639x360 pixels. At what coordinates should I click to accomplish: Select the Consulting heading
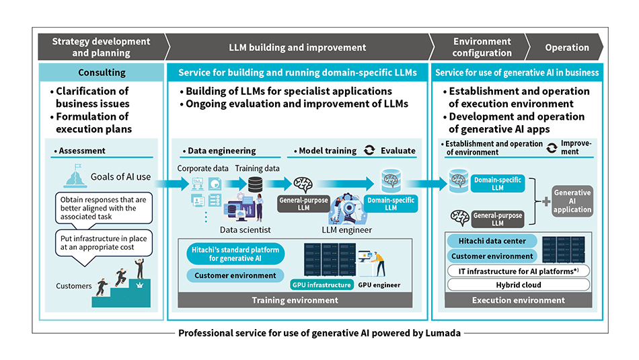coord(102,73)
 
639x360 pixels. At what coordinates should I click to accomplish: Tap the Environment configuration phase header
coord(482,47)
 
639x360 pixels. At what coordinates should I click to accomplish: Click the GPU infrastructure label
coord(322,285)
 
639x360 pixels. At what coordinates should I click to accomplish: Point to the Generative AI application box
coord(572,201)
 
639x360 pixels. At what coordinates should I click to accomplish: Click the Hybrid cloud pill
coord(519,285)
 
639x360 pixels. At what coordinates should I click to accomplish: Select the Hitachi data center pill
coord(492,241)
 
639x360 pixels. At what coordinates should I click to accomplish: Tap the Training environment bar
coord(295,300)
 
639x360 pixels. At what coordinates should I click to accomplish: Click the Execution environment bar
coord(519,300)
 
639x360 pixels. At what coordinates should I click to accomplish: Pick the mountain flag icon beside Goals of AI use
coord(75,176)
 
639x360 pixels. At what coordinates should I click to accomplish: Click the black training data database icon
coord(256,184)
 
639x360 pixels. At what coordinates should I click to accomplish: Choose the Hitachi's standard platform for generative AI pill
coord(235,254)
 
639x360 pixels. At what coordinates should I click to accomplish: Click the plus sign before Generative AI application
coord(546,201)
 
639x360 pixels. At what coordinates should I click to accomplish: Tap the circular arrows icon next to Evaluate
coord(369,150)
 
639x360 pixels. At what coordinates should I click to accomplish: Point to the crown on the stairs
coord(140,285)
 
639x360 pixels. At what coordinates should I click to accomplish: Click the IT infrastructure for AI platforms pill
coord(519,271)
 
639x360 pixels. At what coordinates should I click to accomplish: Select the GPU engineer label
coord(379,285)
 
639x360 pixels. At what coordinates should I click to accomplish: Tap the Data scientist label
coord(246,230)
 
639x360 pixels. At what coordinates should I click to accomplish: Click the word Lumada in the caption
coord(443,333)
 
